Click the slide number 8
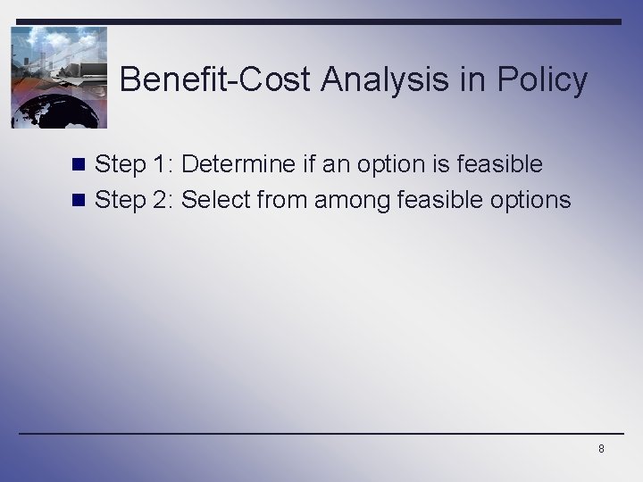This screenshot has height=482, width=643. click(601, 449)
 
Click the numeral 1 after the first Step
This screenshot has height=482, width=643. click(159, 164)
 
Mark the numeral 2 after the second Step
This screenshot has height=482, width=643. click(161, 200)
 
